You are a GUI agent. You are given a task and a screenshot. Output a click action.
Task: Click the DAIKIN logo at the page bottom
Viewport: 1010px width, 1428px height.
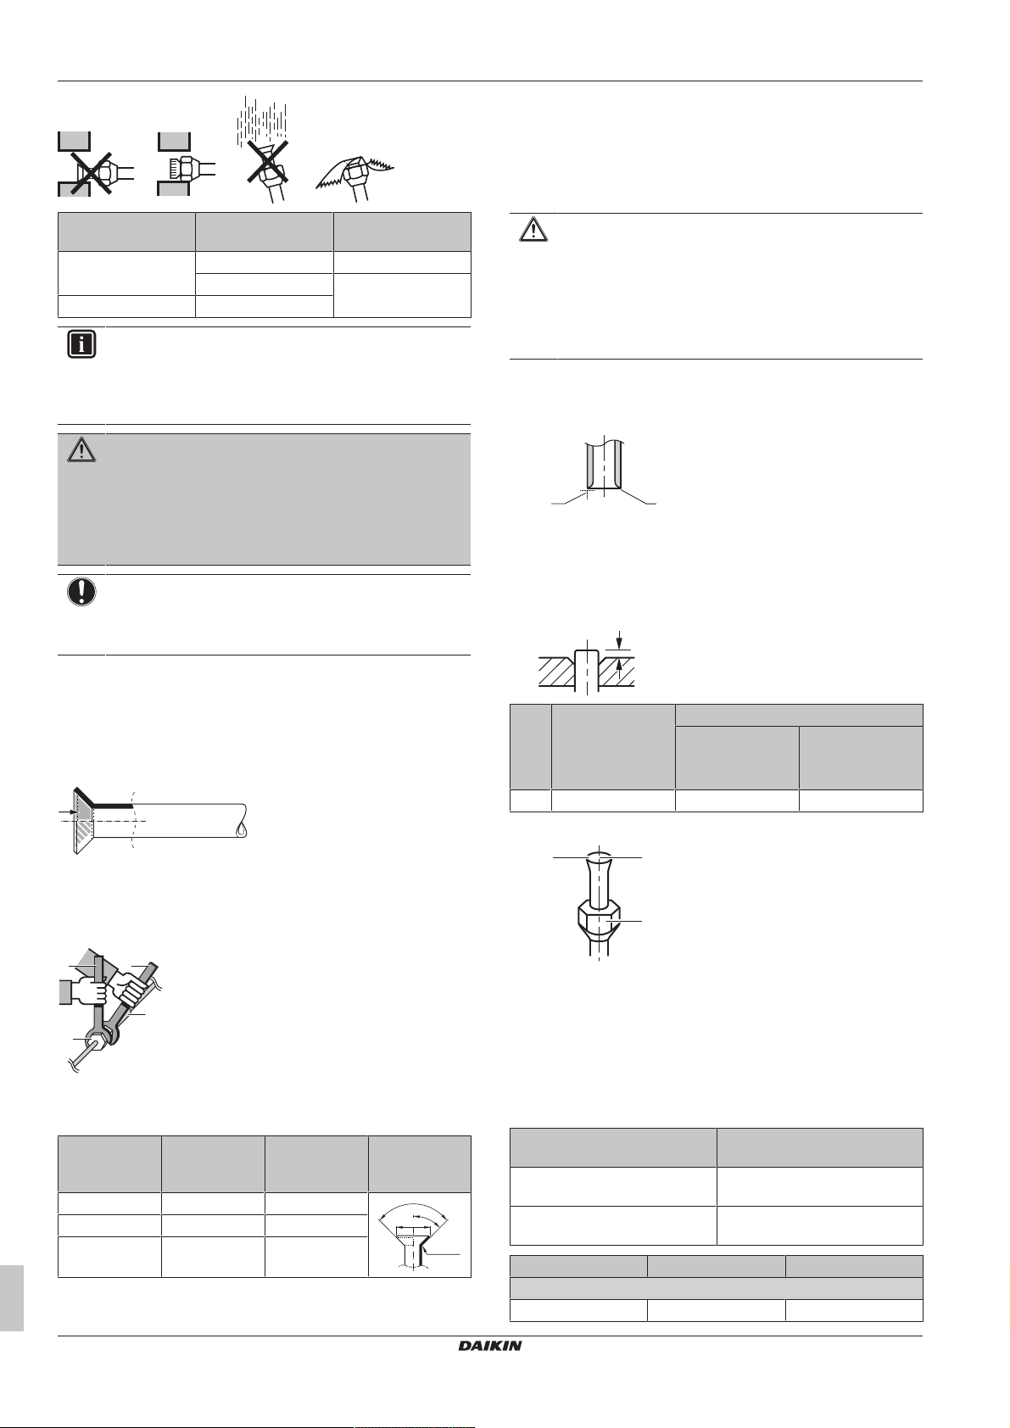click(x=490, y=1346)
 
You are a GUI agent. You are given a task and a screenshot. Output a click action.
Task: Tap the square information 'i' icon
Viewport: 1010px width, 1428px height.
click(x=82, y=345)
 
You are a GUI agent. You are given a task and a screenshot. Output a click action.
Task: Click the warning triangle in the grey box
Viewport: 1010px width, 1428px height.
click(x=82, y=451)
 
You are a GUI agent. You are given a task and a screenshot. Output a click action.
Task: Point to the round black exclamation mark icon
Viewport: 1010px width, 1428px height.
click(x=82, y=592)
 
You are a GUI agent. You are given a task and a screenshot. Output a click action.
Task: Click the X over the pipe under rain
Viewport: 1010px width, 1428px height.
click(x=265, y=160)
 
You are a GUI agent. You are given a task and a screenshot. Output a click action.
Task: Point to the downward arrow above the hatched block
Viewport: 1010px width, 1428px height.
click(x=620, y=638)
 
